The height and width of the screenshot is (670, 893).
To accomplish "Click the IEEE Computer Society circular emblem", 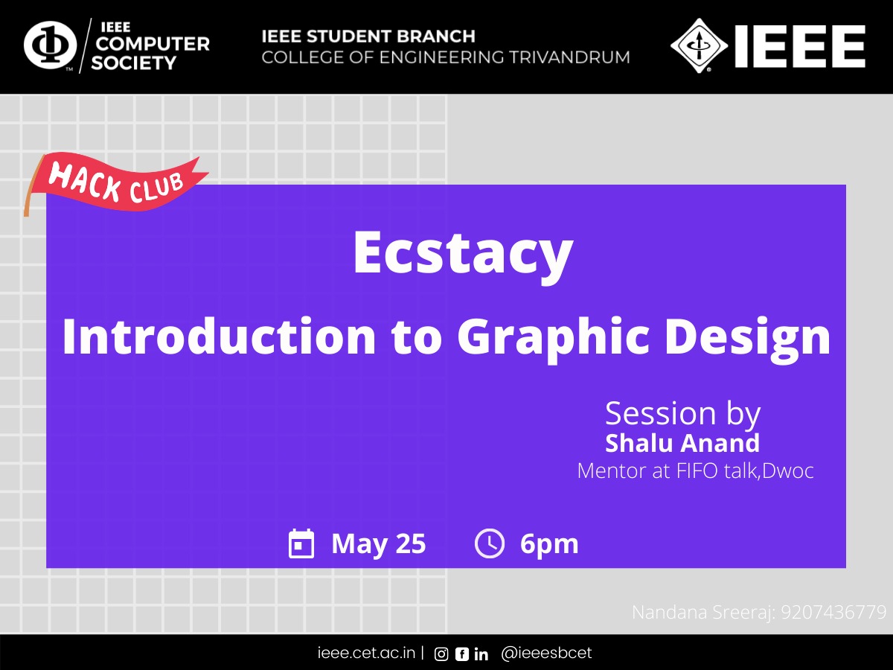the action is coord(50,45).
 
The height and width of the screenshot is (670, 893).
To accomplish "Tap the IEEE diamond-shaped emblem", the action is coord(699,45).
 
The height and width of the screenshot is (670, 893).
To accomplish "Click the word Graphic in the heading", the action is coord(553,339).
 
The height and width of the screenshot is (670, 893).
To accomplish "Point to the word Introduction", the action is coord(219,336).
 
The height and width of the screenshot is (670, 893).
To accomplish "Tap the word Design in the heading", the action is coord(747,339).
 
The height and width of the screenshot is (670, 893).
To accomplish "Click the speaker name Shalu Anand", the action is coord(682,443).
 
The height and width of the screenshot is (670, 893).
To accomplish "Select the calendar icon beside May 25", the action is coord(301,543).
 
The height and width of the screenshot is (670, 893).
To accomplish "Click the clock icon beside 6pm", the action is coord(490,543).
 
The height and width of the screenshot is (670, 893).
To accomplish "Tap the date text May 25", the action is coord(378,544).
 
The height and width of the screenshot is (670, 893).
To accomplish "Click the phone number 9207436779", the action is coord(833,612).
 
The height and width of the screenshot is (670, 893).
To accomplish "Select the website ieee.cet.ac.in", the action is coord(366,653).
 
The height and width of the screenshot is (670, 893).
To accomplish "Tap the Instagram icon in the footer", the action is coord(441,654).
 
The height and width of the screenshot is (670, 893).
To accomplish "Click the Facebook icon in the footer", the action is coord(462,654).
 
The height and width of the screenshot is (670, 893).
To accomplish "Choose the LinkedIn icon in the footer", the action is coord(481,654).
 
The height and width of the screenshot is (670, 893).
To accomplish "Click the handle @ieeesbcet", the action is coord(546,653).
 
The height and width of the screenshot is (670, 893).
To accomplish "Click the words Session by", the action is coord(682,414).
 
